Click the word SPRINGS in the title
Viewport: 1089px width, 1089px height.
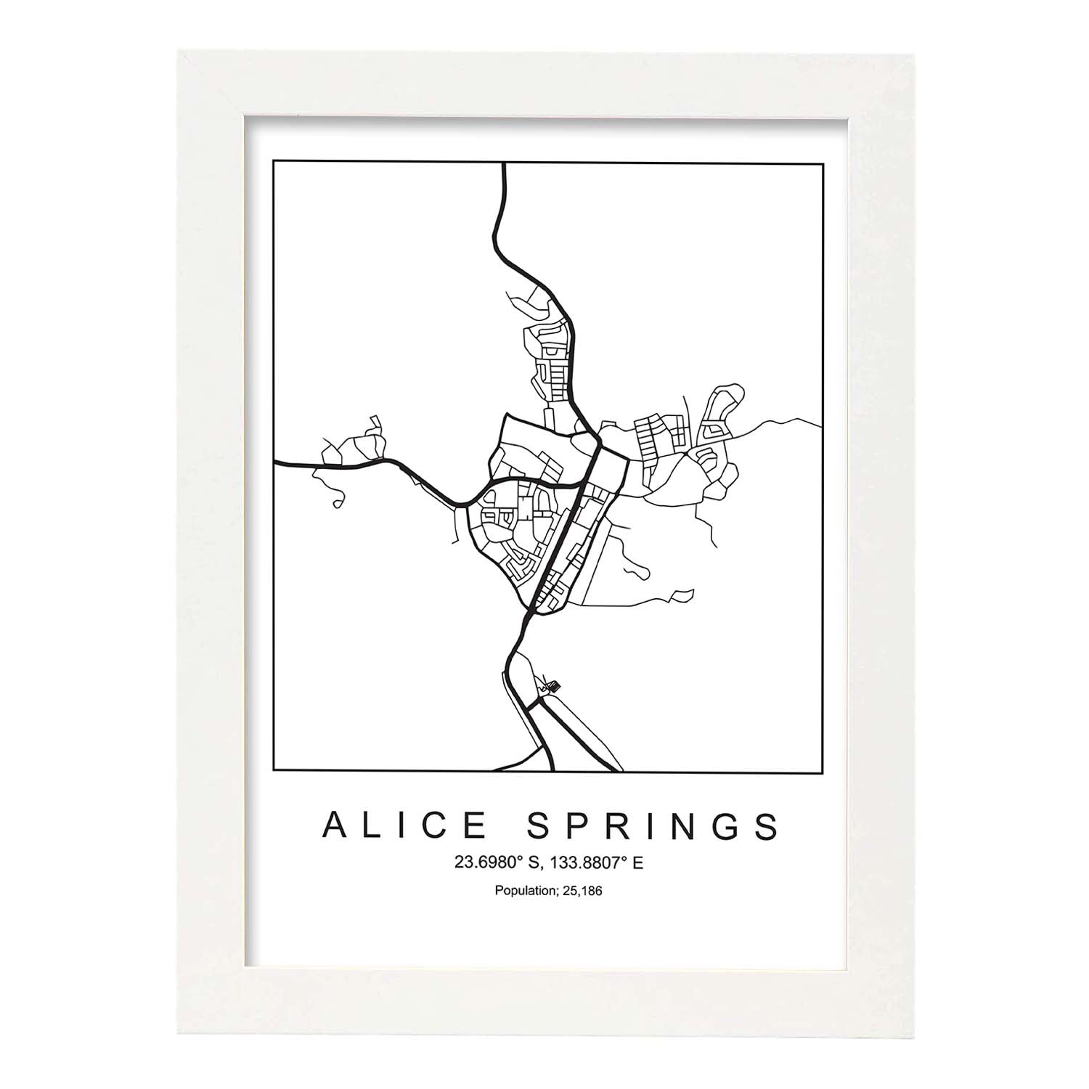coord(653,825)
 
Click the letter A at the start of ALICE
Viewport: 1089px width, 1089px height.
coord(335,825)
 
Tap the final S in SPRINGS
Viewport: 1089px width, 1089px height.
coord(767,825)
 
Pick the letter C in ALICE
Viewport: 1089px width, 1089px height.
coord(437,825)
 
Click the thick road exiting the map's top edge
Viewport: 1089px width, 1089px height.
coord(503,174)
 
